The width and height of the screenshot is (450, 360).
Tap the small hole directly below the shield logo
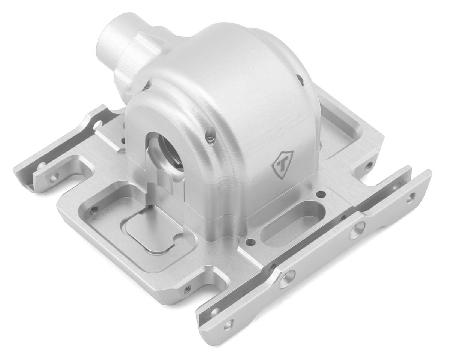click(321, 194)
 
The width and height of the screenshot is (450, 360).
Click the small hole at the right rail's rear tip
click(412, 195)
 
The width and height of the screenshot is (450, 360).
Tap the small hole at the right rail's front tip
click(227, 326)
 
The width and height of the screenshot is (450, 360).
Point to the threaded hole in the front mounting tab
click(187, 288)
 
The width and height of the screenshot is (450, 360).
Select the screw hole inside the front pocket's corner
click(94, 209)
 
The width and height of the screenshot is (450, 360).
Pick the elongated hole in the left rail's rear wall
click(98, 124)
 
